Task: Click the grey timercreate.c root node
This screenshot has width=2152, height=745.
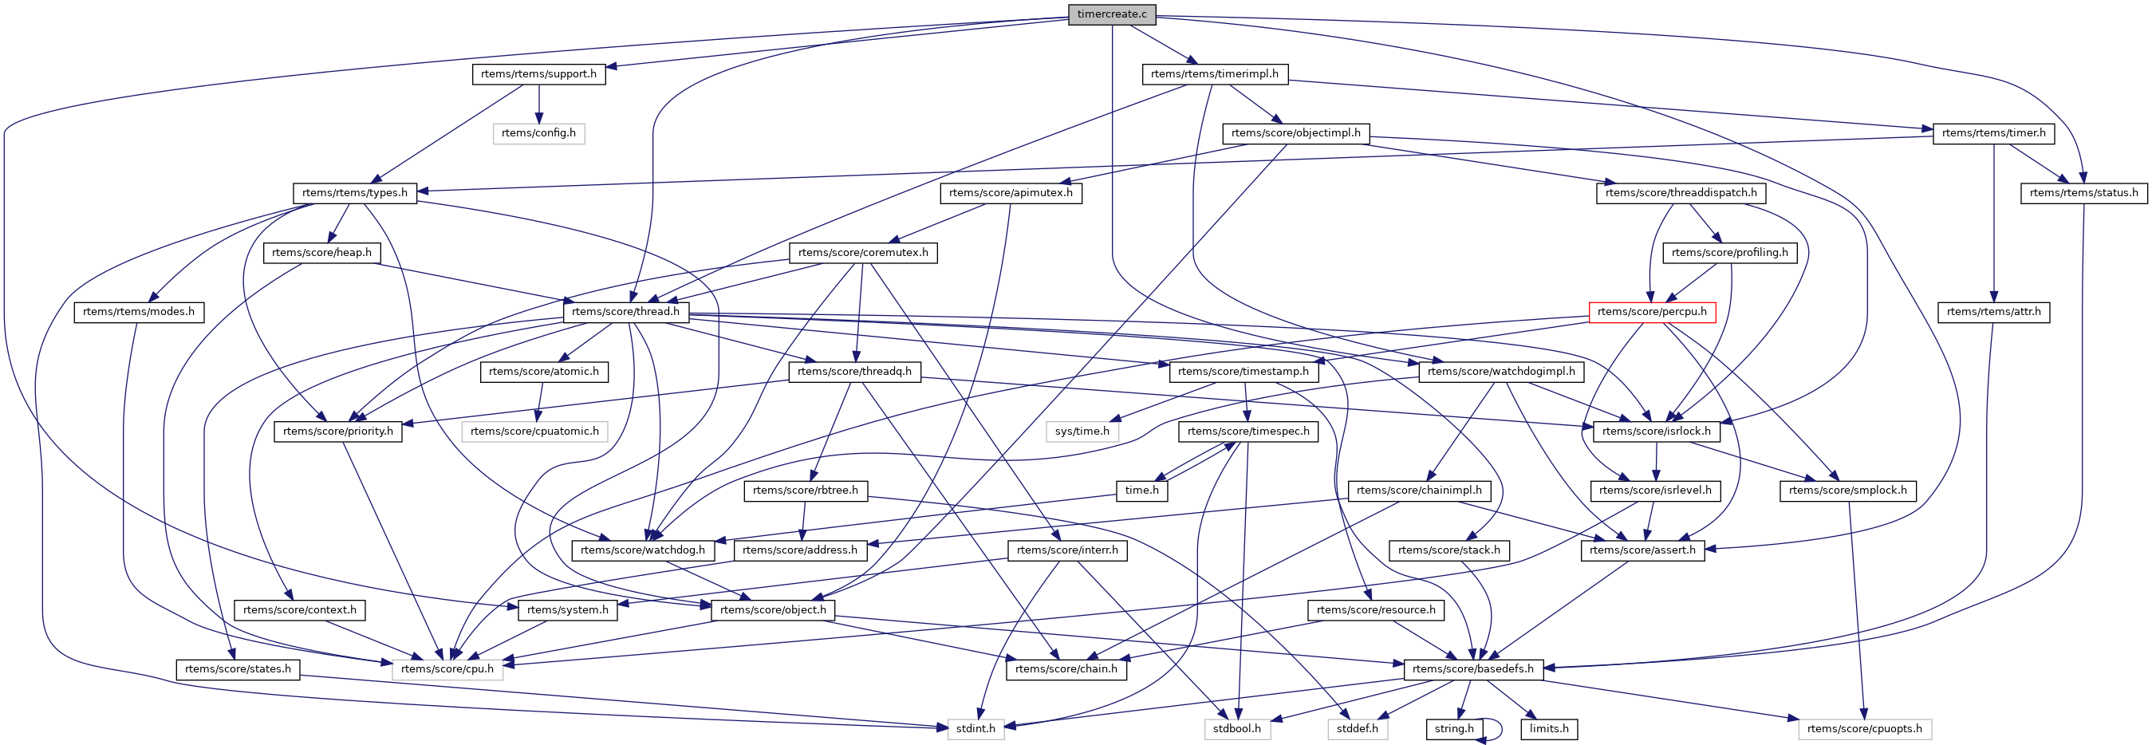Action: tap(1112, 14)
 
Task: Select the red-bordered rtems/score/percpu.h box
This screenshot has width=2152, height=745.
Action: tap(1652, 313)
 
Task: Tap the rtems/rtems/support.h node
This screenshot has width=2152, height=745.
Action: tap(539, 74)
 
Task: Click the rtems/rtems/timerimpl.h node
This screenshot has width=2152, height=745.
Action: tap(1214, 74)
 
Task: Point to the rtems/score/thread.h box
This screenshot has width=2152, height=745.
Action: tap(625, 313)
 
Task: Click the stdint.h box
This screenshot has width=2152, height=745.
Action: tap(975, 729)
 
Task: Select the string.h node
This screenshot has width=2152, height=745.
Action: tap(1453, 729)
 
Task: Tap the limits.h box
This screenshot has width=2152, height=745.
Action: tap(1549, 729)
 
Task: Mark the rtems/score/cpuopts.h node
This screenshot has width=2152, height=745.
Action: tap(1864, 729)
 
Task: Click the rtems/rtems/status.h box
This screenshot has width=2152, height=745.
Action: tap(2083, 193)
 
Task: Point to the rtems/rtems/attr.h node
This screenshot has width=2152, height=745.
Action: tap(1993, 313)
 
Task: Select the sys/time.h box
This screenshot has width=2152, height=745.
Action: tap(1082, 432)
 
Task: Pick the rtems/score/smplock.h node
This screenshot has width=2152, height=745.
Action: tap(1848, 491)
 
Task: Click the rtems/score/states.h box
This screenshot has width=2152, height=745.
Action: tap(238, 669)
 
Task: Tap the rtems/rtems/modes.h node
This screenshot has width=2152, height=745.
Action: tap(139, 313)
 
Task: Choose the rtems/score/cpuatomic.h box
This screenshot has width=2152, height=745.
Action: tap(534, 432)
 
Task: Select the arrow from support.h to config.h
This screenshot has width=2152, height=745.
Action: tap(539, 104)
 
